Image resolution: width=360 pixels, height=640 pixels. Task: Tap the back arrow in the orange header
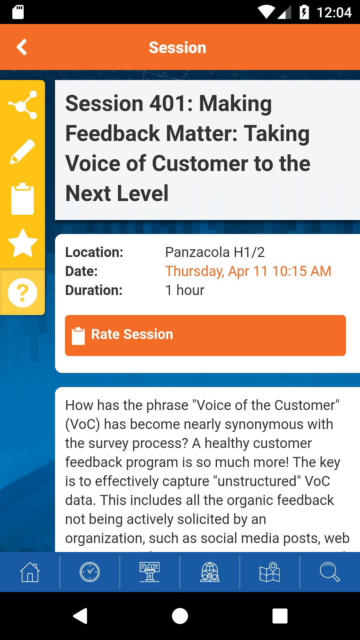(22, 47)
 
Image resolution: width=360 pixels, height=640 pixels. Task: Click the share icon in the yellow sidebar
(23, 105)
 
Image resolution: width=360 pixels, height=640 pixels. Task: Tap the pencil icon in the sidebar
(23, 152)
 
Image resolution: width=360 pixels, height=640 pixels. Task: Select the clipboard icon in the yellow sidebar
(23, 198)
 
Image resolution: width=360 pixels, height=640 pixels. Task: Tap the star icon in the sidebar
(23, 243)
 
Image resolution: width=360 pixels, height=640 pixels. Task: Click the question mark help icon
(23, 292)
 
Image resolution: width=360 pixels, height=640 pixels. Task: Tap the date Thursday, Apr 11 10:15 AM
(248, 271)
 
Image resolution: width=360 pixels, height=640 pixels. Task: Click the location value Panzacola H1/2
(215, 252)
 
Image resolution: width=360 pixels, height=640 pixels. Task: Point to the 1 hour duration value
(185, 290)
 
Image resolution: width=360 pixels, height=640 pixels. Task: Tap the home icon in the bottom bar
(30, 572)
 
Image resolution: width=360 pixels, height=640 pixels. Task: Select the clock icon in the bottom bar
(90, 572)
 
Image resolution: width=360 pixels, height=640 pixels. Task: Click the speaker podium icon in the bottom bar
(150, 572)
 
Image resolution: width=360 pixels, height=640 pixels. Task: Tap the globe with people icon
(210, 572)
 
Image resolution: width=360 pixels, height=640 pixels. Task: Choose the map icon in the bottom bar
(270, 572)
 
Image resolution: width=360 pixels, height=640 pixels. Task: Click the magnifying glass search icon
(330, 572)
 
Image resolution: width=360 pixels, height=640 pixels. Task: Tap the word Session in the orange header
(177, 47)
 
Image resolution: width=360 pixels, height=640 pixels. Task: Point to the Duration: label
(94, 290)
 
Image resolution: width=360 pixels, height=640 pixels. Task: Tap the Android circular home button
(180, 616)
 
